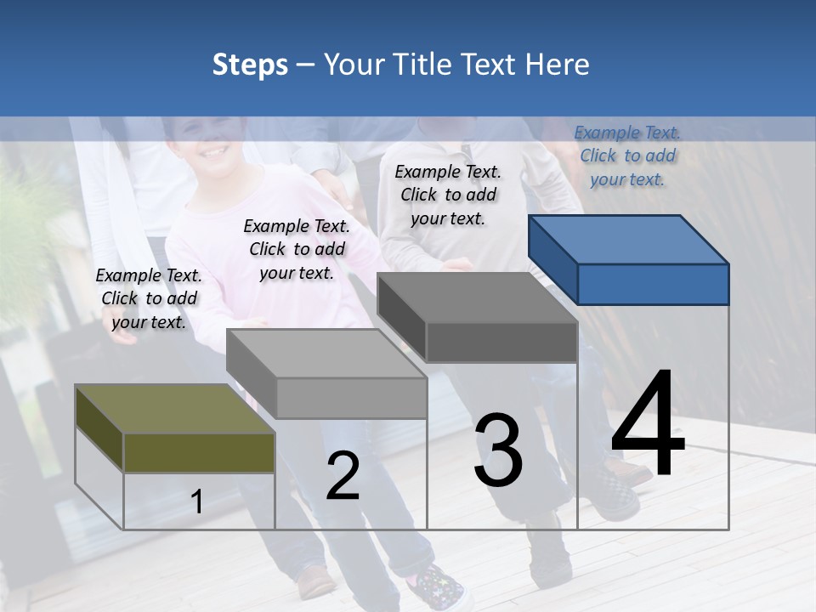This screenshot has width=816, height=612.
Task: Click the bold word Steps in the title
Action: (x=250, y=65)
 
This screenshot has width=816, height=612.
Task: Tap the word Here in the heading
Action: (x=558, y=65)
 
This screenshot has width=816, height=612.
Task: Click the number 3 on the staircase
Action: (x=498, y=450)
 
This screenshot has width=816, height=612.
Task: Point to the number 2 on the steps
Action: (x=343, y=476)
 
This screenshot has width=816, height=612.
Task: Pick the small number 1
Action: (x=196, y=502)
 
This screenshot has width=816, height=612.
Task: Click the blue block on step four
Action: (x=629, y=259)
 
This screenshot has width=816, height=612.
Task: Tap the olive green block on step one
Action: (x=175, y=429)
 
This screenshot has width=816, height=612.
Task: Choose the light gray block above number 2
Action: (x=327, y=374)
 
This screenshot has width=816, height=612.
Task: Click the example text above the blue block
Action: (x=627, y=156)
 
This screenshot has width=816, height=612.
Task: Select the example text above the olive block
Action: (x=149, y=298)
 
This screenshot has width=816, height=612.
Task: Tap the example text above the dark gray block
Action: (x=448, y=195)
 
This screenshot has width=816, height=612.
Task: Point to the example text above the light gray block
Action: (x=297, y=249)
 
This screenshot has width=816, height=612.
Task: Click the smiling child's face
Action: (x=207, y=145)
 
